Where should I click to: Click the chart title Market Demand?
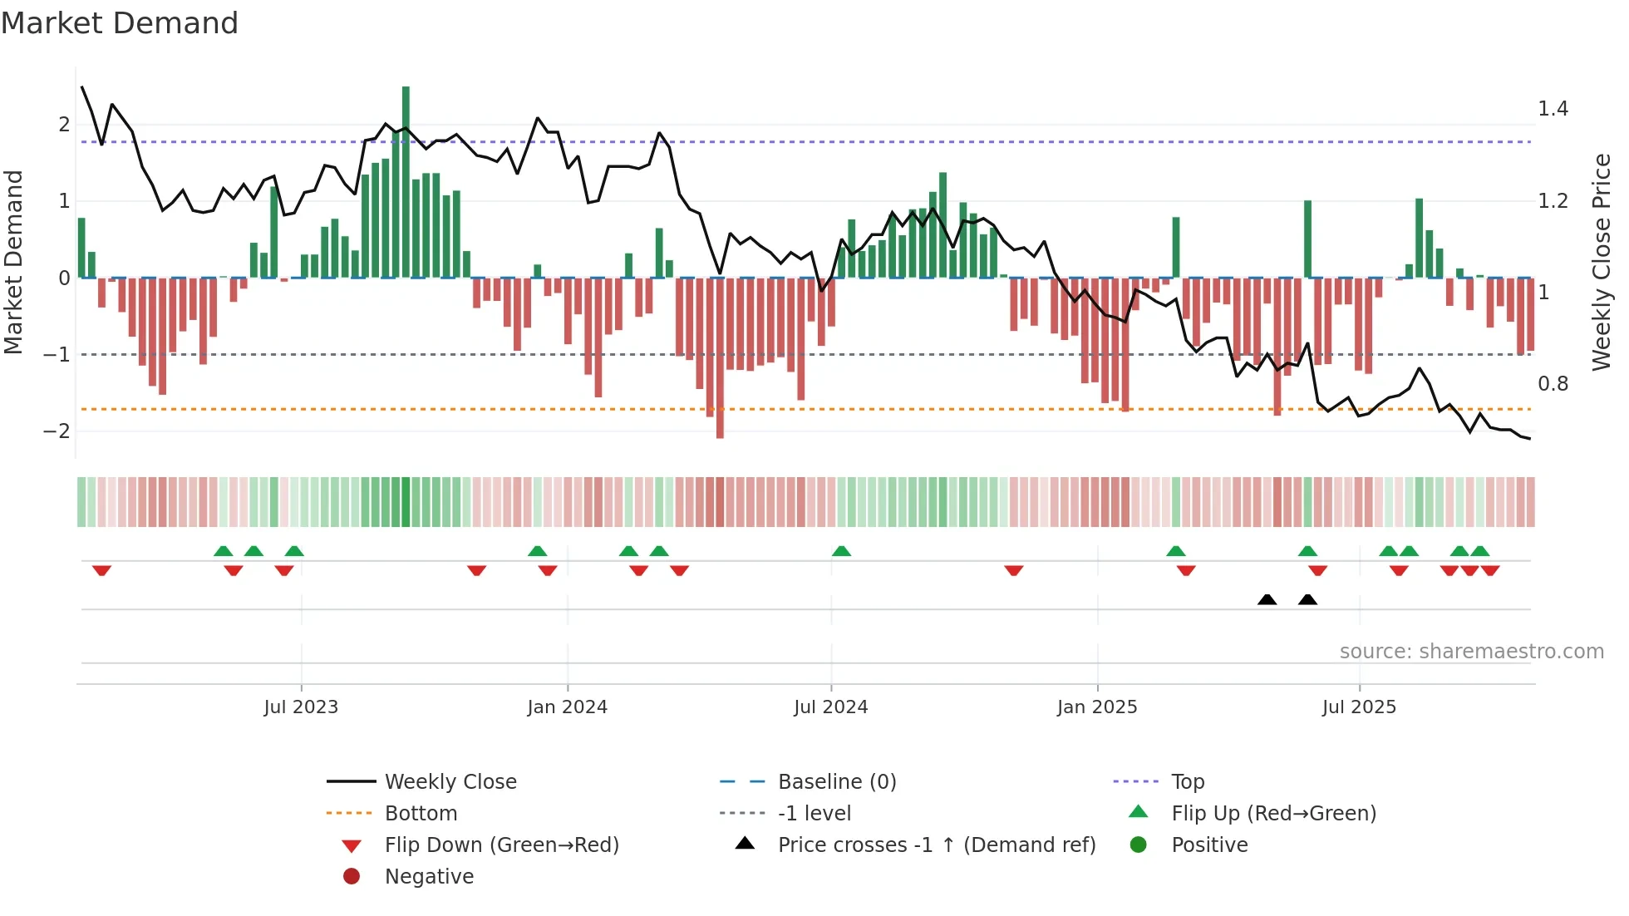click(x=120, y=23)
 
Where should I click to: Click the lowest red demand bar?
click(x=720, y=357)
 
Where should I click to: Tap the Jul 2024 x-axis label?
click(x=830, y=707)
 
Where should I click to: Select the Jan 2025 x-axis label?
click(x=1097, y=707)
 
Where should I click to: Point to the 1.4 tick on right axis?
click(x=1553, y=109)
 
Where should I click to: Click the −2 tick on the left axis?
click(x=57, y=431)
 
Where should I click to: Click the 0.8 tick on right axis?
click(x=1553, y=384)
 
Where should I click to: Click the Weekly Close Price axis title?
click(x=1601, y=262)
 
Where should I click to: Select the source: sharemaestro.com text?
click(x=1471, y=652)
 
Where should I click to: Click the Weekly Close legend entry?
click(x=450, y=782)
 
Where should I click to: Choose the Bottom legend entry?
click(x=421, y=814)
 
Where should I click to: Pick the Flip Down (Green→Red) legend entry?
click(x=501, y=845)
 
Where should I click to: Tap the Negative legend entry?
click(x=429, y=877)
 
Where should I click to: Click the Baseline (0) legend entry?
click(x=837, y=782)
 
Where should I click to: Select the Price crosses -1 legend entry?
click(x=937, y=845)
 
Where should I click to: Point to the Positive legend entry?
click(x=1209, y=845)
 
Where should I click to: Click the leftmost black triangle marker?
click(x=1267, y=600)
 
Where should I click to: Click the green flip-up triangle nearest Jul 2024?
click(x=841, y=551)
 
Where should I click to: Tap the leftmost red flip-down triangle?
click(x=101, y=570)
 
